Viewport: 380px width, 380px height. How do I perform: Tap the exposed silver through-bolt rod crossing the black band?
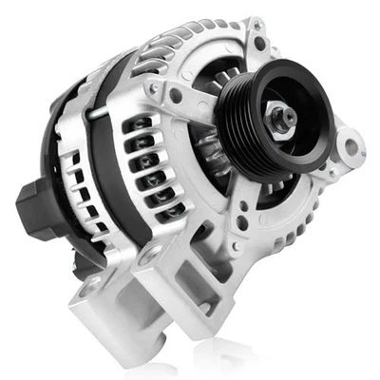tap(104, 113)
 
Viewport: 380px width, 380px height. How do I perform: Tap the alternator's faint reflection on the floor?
tap(209, 366)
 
